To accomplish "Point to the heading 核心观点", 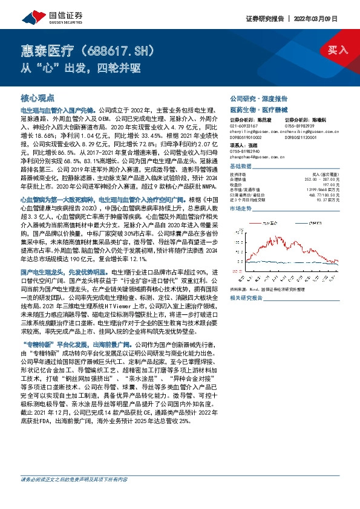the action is [x=38, y=97].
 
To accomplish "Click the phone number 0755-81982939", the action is [x=299, y=125].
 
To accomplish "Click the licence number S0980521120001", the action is [x=301, y=137].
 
